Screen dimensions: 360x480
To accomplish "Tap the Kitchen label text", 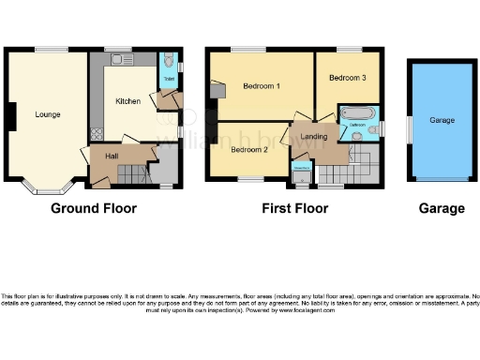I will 128,100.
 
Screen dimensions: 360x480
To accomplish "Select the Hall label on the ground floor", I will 112,156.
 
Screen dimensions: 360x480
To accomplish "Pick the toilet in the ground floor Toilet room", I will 168,63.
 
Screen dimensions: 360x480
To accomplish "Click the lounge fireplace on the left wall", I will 10,115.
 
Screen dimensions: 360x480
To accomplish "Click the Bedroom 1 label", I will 262,86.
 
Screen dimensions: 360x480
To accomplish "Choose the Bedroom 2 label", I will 250,149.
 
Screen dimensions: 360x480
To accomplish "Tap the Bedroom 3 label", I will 348,78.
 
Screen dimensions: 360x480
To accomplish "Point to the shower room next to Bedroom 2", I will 302,172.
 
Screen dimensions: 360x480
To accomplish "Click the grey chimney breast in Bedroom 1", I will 217,89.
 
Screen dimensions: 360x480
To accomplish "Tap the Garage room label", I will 442,121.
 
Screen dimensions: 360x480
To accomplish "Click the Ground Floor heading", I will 93,208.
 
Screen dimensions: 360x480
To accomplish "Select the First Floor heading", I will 295,208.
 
